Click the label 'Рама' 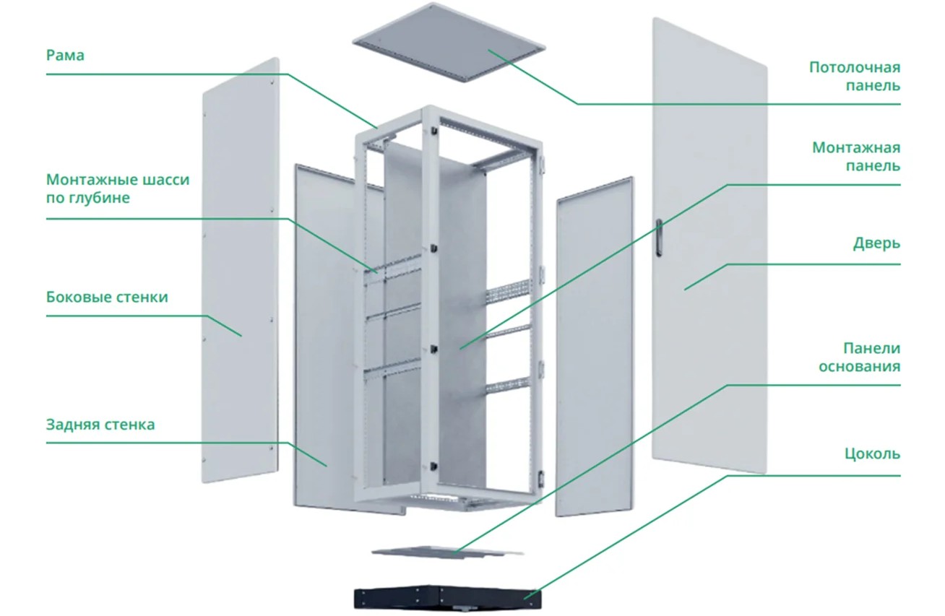(65, 55)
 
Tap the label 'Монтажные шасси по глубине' (118, 188)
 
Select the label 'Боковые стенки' (107, 297)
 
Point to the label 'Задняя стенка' (100, 424)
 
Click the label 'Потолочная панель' (855, 77)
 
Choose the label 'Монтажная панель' (856, 157)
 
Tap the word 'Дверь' (876, 243)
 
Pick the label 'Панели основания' (860, 357)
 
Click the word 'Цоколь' (873, 454)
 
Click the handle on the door (659, 238)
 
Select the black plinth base (447, 597)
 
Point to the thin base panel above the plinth (447, 552)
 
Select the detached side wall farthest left (241, 270)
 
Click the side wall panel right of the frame (595, 347)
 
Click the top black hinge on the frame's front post (433, 131)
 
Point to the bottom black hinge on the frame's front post (433, 467)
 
